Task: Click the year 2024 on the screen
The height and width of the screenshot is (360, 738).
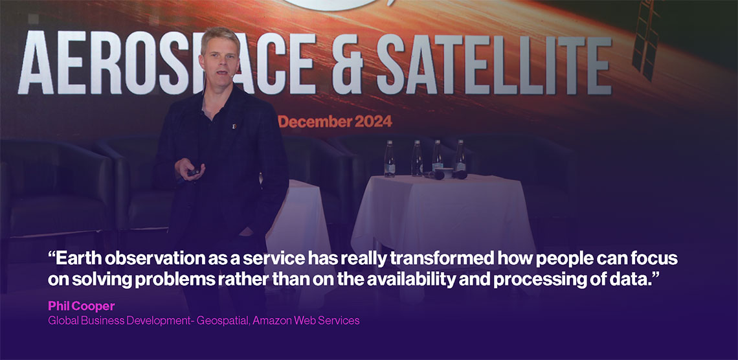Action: click(374, 122)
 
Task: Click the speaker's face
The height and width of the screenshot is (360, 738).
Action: click(220, 62)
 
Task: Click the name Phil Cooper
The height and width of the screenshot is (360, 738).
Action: click(82, 306)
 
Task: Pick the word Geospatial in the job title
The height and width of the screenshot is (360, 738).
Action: click(223, 321)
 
